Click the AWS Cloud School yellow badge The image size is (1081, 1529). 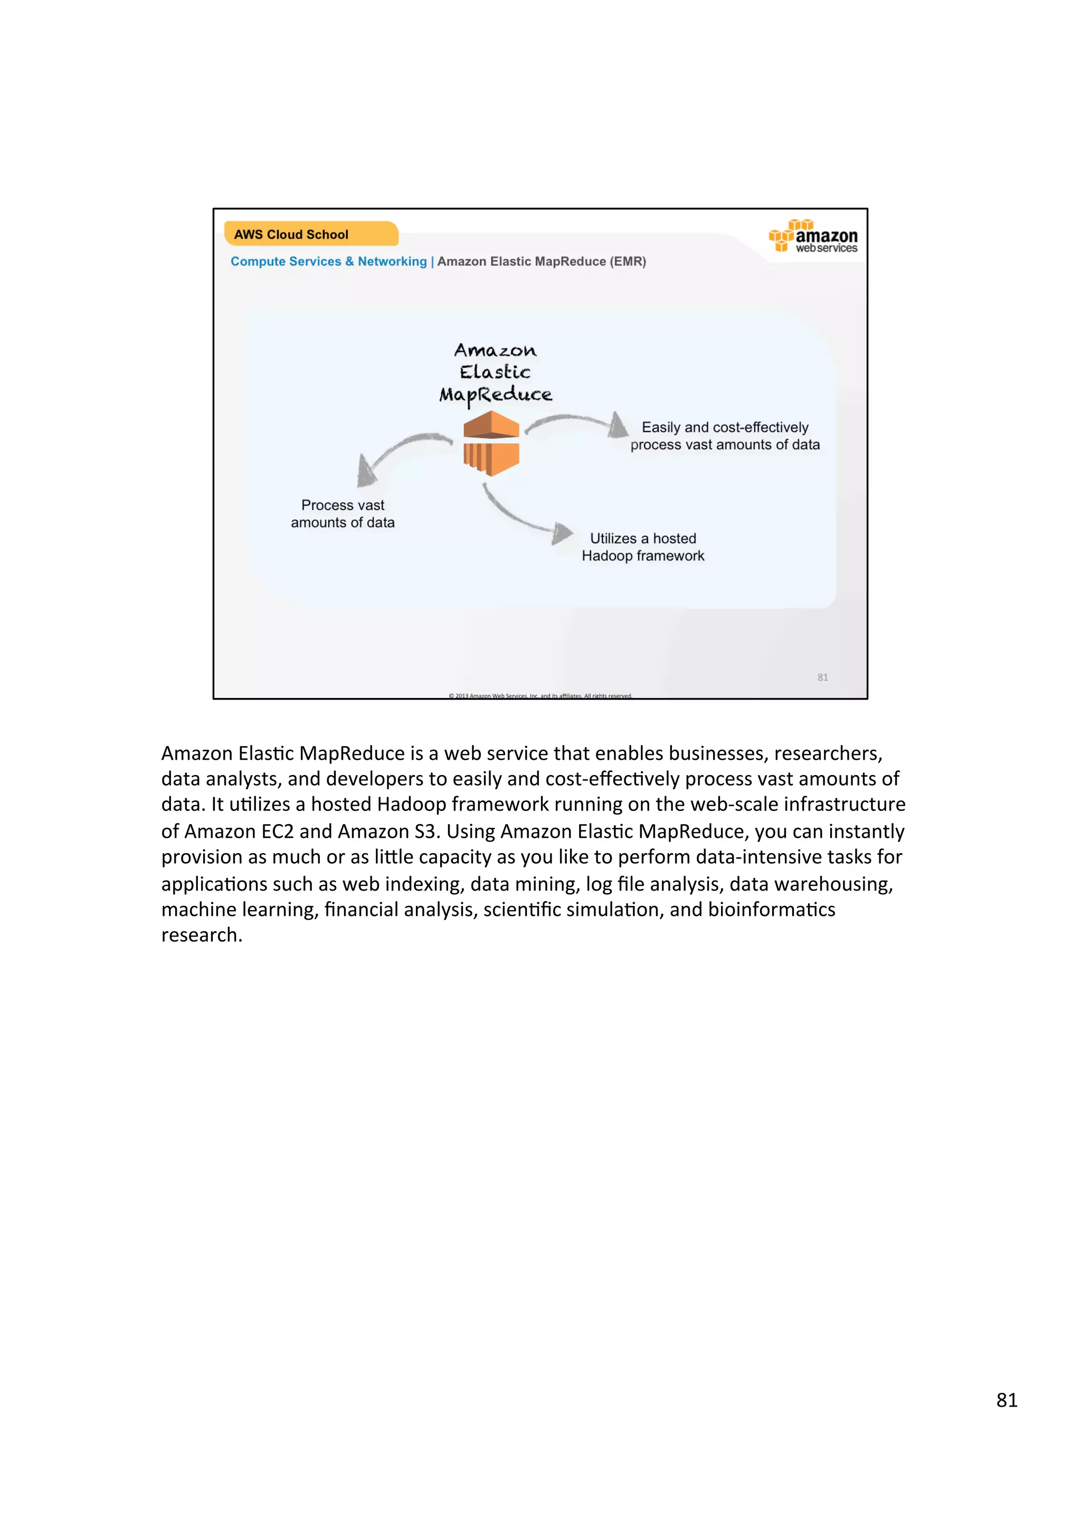click(310, 234)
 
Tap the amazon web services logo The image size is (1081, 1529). click(813, 236)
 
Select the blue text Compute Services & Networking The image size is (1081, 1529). click(328, 262)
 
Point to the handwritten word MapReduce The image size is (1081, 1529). click(496, 395)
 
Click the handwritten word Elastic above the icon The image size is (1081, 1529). click(495, 371)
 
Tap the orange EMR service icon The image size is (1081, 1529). click(491, 443)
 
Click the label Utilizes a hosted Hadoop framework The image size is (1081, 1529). click(643, 547)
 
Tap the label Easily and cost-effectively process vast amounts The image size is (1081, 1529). click(725, 435)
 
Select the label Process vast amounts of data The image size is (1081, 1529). click(343, 513)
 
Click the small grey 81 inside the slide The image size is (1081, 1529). click(822, 677)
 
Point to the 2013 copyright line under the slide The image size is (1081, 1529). click(540, 695)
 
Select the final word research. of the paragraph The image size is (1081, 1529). click(201, 935)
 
